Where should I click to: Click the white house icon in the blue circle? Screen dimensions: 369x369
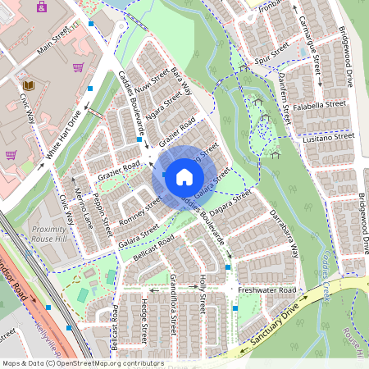click(x=184, y=176)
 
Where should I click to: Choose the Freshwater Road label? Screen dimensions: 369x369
click(x=266, y=290)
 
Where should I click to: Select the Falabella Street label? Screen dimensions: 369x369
click(x=323, y=104)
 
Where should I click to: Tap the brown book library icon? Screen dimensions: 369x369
click(x=28, y=84)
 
